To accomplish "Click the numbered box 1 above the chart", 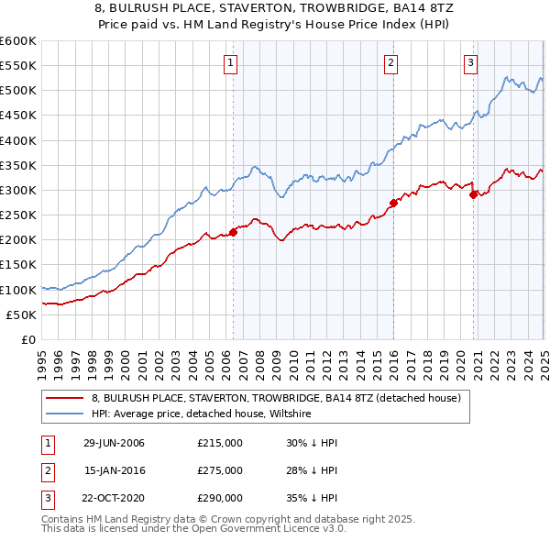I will click(x=229, y=63).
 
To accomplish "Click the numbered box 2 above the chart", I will click(x=390, y=63).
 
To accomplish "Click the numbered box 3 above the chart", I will click(x=470, y=63).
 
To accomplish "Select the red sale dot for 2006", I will click(x=233, y=232).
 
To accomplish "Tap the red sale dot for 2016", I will click(x=393, y=203).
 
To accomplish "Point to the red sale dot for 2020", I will click(x=474, y=194).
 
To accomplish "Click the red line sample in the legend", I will click(x=66, y=399).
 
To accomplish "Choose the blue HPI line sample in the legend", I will click(x=66, y=414).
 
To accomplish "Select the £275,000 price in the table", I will click(x=220, y=470).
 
